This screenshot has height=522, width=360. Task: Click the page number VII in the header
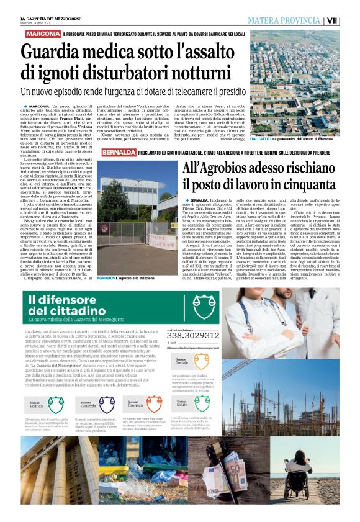tap(349, 19)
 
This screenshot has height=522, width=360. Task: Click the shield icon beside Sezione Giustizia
tap(84, 402)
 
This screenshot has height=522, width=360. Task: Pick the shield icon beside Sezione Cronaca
tap(122, 402)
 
